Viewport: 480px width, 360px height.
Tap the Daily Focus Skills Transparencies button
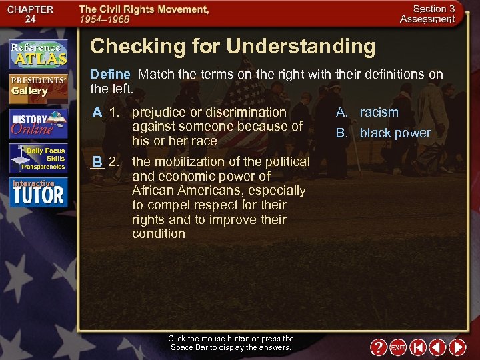pyautogui.click(x=38, y=159)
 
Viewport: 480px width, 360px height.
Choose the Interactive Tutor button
pyautogui.click(x=38, y=192)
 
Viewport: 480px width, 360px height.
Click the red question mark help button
pyautogui.click(x=378, y=347)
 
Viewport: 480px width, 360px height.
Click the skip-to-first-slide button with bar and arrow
pyautogui.click(x=418, y=347)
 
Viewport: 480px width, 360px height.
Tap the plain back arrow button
pyautogui.click(x=437, y=347)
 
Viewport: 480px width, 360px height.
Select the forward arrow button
pyautogui.click(x=457, y=347)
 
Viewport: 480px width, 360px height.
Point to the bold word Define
pyautogui.click(x=110, y=74)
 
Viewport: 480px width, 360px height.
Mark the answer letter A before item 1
pyautogui.click(x=97, y=113)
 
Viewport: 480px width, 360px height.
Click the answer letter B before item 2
pyautogui.click(x=97, y=162)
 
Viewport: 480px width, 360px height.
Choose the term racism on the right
pyautogui.click(x=379, y=113)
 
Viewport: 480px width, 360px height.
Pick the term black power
pyautogui.click(x=395, y=133)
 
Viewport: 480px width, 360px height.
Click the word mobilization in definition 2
pyautogui.click(x=186, y=162)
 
